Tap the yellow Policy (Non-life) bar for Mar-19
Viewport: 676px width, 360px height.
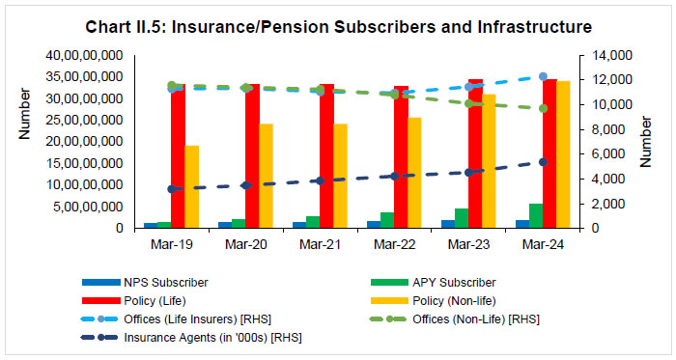(x=191, y=187)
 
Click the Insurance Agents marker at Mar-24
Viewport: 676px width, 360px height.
(x=543, y=162)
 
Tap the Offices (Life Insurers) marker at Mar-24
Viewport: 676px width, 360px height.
(x=543, y=76)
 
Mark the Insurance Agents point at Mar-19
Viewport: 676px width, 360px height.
(x=172, y=189)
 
